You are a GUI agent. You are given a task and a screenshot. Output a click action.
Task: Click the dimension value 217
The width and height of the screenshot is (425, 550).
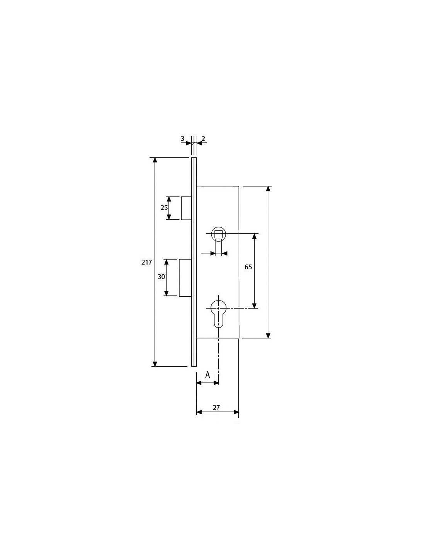click(147, 263)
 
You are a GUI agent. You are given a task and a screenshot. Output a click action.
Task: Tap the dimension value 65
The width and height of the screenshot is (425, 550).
click(248, 267)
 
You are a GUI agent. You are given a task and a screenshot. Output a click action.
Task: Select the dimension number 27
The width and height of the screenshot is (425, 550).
click(216, 408)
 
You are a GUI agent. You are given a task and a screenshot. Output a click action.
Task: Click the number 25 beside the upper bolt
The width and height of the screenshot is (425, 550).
click(164, 208)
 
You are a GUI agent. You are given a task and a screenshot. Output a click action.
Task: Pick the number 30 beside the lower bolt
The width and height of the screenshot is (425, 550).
click(161, 277)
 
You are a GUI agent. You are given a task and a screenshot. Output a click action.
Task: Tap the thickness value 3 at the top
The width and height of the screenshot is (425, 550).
click(182, 139)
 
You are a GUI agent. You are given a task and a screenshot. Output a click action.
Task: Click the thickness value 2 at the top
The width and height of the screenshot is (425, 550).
click(203, 138)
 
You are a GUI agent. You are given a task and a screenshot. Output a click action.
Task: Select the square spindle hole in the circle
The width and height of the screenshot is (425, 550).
click(218, 234)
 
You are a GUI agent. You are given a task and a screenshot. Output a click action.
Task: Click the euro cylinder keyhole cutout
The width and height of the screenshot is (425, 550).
click(218, 314)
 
